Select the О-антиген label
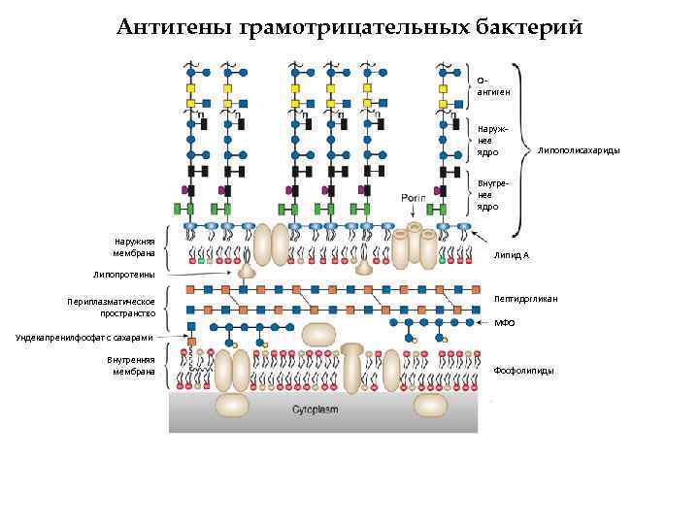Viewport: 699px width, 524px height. (x=494, y=86)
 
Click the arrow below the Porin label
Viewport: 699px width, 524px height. (x=415, y=212)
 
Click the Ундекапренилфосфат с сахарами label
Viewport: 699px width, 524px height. (x=84, y=338)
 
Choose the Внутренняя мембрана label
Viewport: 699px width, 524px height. (x=131, y=366)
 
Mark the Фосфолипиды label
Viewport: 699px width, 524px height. (x=524, y=371)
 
